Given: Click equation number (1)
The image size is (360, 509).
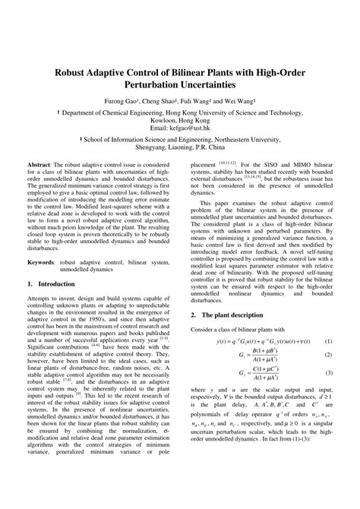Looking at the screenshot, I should tap(328, 319).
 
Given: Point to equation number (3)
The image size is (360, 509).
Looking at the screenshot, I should tap(328, 352).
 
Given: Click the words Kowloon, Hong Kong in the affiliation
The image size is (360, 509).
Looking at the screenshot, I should tap(180, 119).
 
